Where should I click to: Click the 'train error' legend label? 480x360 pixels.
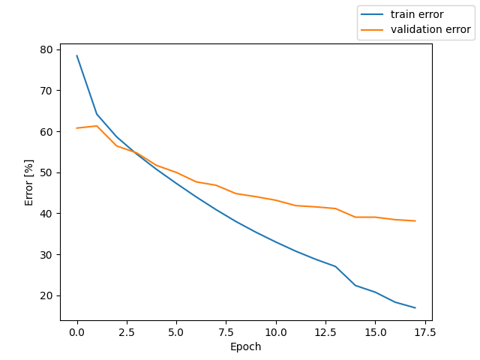pyautogui.click(x=417, y=14)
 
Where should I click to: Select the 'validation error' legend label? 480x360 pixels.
pyautogui.click(x=430, y=30)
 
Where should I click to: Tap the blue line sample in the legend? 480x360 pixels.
pyautogui.click(x=372, y=14)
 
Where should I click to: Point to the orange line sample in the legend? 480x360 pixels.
pyautogui.click(x=372, y=30)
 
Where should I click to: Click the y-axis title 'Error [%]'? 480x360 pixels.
pyautogui.click(x=29, y=182)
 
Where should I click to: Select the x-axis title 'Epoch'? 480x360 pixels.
pyautogui.click(x=246, y=346)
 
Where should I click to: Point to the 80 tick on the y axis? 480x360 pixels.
pyautogui.click(x=46, y=49)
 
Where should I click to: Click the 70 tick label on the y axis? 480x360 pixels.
pyautogui.click(x=46, y=91)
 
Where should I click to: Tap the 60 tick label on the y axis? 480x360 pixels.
pyautogui.click(x=46, y=131)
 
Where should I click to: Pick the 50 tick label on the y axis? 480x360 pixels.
pyautogui.click(x=46, y=172)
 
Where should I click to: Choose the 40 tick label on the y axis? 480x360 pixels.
pyautogui.click(x=46, y=214)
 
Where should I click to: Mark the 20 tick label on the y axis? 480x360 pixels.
pyautogui.click(x=46, y=295)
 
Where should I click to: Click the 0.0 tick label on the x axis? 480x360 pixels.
pyautogui.click(x=77, y=331)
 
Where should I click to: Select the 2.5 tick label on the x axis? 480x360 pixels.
pyautogui.click(x=127, y=331)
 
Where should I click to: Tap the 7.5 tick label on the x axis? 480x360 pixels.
pyautogui.click(x=226, y=331)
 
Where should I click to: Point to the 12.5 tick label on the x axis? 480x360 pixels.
pyautogui.click(x=325, y=331)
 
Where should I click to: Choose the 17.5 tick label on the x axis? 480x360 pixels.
pyautogui.click(x=424, y=331)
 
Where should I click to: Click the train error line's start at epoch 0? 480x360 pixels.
pyautogui.click(x=77, y=55)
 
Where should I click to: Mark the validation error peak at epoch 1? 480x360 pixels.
pyautogui.click(x=97, y=126)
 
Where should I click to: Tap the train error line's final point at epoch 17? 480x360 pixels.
pyautogui.click(x=415, y=307)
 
